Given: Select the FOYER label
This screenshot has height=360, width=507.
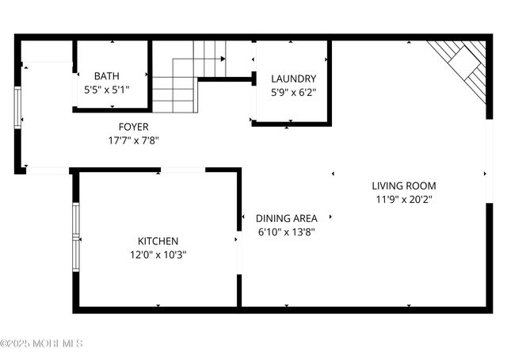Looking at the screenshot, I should point(133,127).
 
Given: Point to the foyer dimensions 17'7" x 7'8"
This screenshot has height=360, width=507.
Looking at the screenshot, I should point(133,141).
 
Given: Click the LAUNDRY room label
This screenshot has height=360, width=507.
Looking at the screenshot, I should point(293,79).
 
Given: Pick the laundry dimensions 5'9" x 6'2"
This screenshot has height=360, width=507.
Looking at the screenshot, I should point(293,93).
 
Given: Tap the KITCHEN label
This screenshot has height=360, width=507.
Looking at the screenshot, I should point(158,241).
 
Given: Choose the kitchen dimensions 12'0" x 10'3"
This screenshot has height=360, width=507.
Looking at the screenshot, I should point(158,255).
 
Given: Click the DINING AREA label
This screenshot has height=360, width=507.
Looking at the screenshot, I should point(287,218).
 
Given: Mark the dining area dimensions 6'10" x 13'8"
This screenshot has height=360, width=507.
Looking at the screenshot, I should point(287,232).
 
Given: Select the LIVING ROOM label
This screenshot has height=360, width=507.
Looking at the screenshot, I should point(404,186).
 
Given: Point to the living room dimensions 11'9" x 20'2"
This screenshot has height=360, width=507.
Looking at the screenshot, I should point(404,200).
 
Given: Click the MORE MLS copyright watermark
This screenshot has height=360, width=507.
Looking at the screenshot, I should point(41,343).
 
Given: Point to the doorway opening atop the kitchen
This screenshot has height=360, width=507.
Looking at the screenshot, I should point(182,170).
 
